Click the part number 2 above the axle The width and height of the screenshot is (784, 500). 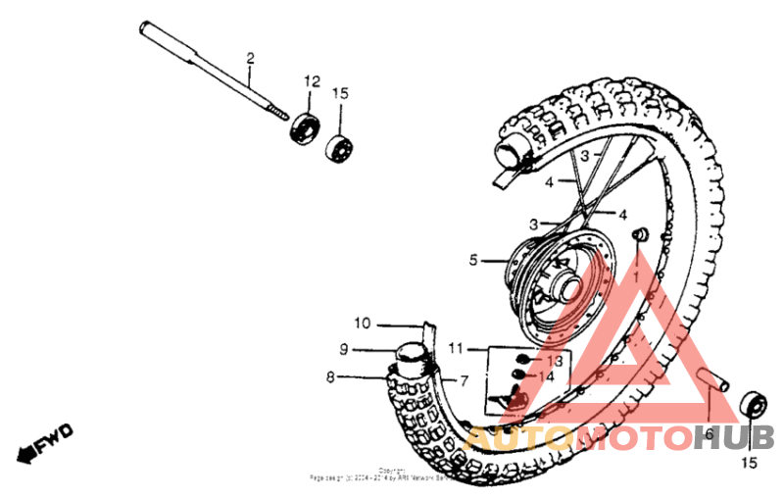250,59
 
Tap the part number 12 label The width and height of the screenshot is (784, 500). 312,80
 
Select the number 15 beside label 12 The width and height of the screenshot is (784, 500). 340,93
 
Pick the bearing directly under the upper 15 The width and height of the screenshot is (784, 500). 340,148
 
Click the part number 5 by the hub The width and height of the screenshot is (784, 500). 473,261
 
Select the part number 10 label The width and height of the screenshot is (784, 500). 363,324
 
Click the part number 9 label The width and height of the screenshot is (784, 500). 344,348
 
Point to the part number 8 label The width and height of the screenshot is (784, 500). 331,375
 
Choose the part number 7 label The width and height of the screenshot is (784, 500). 464,379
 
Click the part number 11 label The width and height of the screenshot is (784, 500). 456,348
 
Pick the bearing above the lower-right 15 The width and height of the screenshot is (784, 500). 752,403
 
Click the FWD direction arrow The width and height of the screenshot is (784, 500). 45,441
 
